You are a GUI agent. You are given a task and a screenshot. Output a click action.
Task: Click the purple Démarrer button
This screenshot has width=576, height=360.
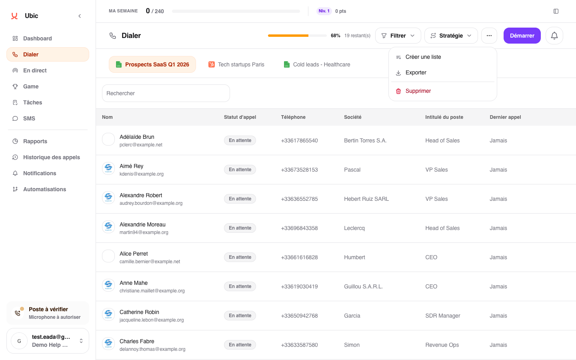pos(522,36)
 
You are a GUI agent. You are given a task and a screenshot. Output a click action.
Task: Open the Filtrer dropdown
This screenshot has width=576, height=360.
pos(398,36)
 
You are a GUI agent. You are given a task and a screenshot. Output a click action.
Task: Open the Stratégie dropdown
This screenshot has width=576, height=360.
pos(451,36)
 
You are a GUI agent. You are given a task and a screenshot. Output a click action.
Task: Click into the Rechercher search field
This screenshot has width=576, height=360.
pos(166,93)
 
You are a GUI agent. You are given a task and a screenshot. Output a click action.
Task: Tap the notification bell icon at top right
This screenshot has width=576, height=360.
pos(554,36)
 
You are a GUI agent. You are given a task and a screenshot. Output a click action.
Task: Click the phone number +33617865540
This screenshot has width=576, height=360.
pos(299,140)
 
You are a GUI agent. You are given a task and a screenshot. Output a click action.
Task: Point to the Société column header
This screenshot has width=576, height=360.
pos(352,117)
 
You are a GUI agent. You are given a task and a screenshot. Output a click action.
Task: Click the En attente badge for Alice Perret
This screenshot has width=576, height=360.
pos(240,257)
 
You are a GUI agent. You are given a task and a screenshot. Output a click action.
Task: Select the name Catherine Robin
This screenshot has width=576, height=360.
pos(139,312)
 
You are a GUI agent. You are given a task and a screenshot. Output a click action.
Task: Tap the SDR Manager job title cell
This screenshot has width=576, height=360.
pos(442,316)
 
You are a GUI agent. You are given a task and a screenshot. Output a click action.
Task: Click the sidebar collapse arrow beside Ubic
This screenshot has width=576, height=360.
pos(80,16)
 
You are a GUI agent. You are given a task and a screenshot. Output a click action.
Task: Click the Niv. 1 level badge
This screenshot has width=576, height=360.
pos(324,11)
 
